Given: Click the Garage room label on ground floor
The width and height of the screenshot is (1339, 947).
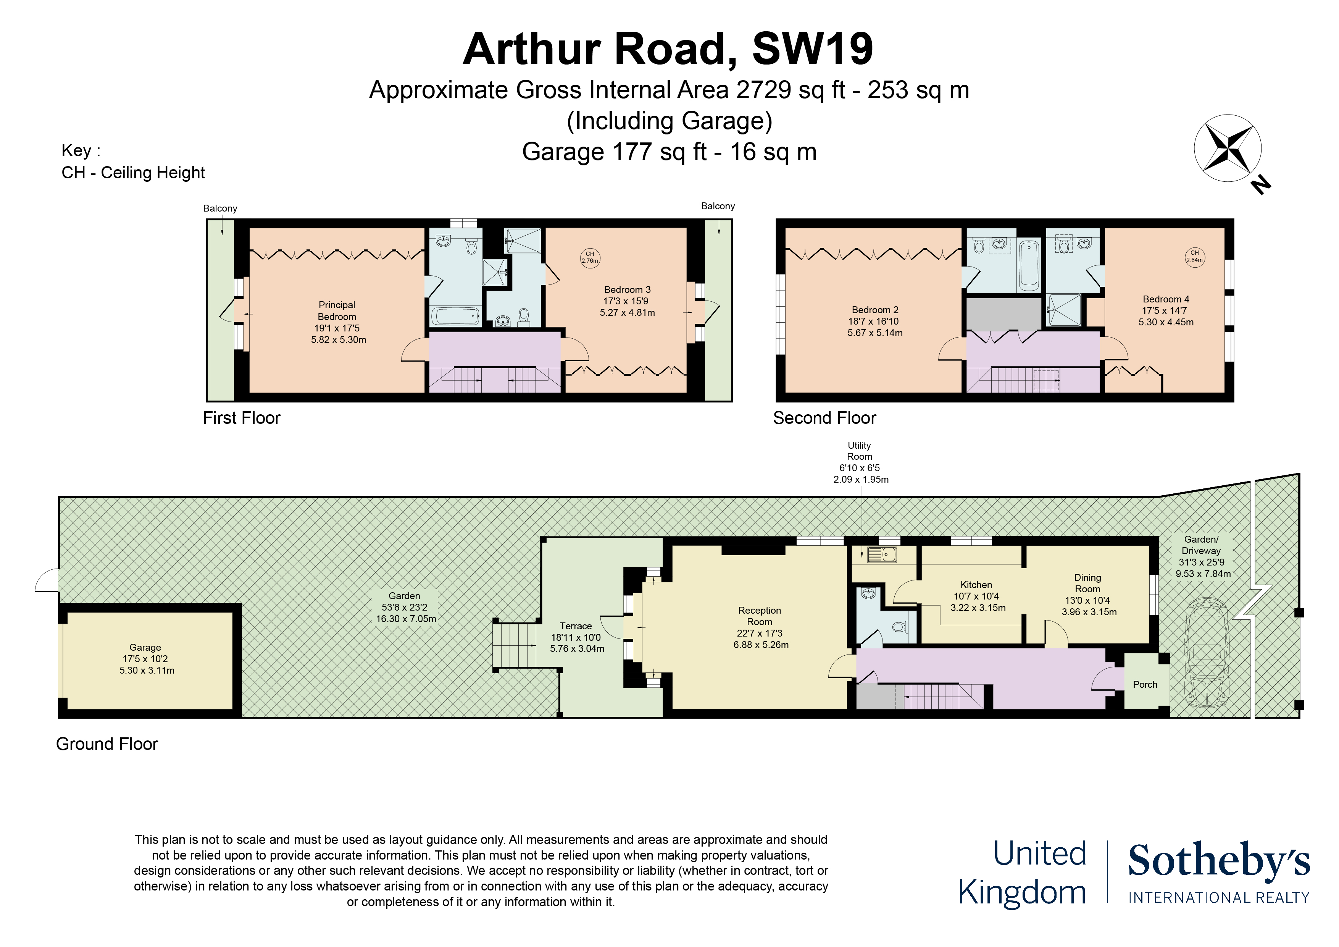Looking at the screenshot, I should click(146, 658).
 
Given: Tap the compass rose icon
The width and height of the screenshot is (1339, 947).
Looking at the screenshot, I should click(1228, 148).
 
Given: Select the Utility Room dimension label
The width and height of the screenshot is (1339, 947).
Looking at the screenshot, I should click(860, 462).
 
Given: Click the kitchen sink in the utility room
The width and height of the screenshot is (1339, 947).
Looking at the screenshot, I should click(881, 554).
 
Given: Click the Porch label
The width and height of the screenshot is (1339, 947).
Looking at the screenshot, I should click(1145, 684).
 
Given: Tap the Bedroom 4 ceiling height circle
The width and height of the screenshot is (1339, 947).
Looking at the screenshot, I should click(1194, 257).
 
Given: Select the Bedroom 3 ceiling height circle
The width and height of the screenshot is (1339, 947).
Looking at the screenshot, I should click(590, 257).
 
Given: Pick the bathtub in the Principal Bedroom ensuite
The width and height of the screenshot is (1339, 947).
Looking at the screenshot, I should click(455, 316).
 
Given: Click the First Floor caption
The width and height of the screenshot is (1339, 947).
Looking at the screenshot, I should click(242, 418).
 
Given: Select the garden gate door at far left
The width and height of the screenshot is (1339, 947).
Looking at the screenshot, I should click(47, 580).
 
